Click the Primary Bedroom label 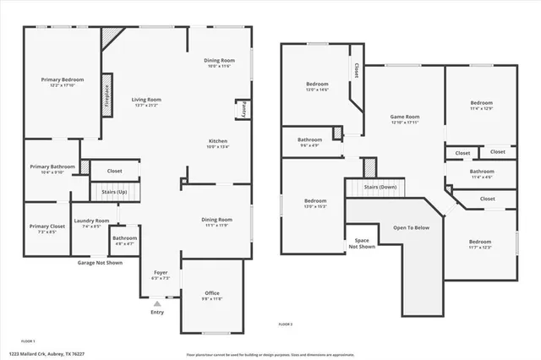(63, 79)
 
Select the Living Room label (146, 100)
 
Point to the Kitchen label (218, 140)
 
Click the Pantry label (242, 110)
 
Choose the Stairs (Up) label (115, 192)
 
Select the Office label (211, 292)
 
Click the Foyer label (160, 272)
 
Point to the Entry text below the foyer (157, 312)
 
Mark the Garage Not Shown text (100, 263)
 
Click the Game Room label (404, 117)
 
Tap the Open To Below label (412, 227)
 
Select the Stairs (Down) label (380, 186)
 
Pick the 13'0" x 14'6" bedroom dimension (317, 90)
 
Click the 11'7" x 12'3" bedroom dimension (480, 248)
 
